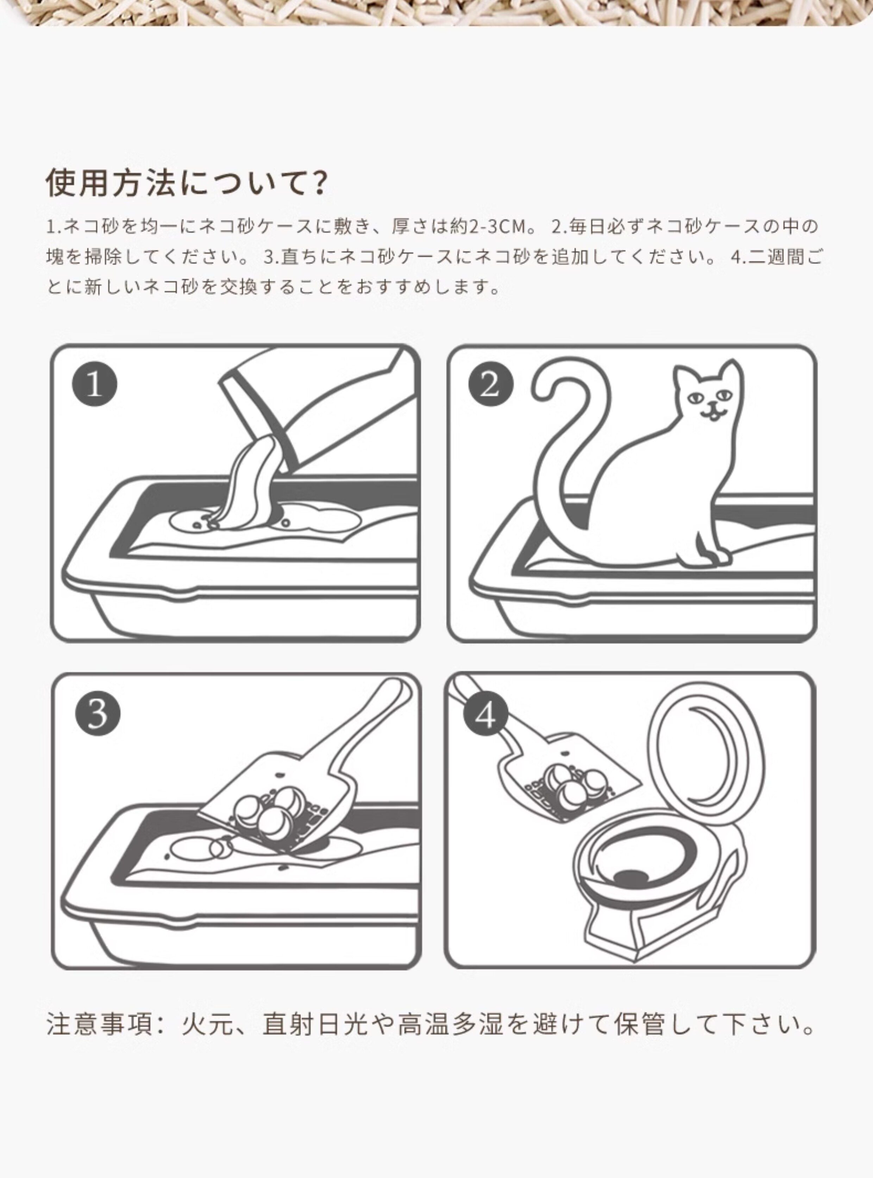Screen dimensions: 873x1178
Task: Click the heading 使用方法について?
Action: [186, 183]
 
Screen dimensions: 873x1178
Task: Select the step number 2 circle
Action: [490, 384]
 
